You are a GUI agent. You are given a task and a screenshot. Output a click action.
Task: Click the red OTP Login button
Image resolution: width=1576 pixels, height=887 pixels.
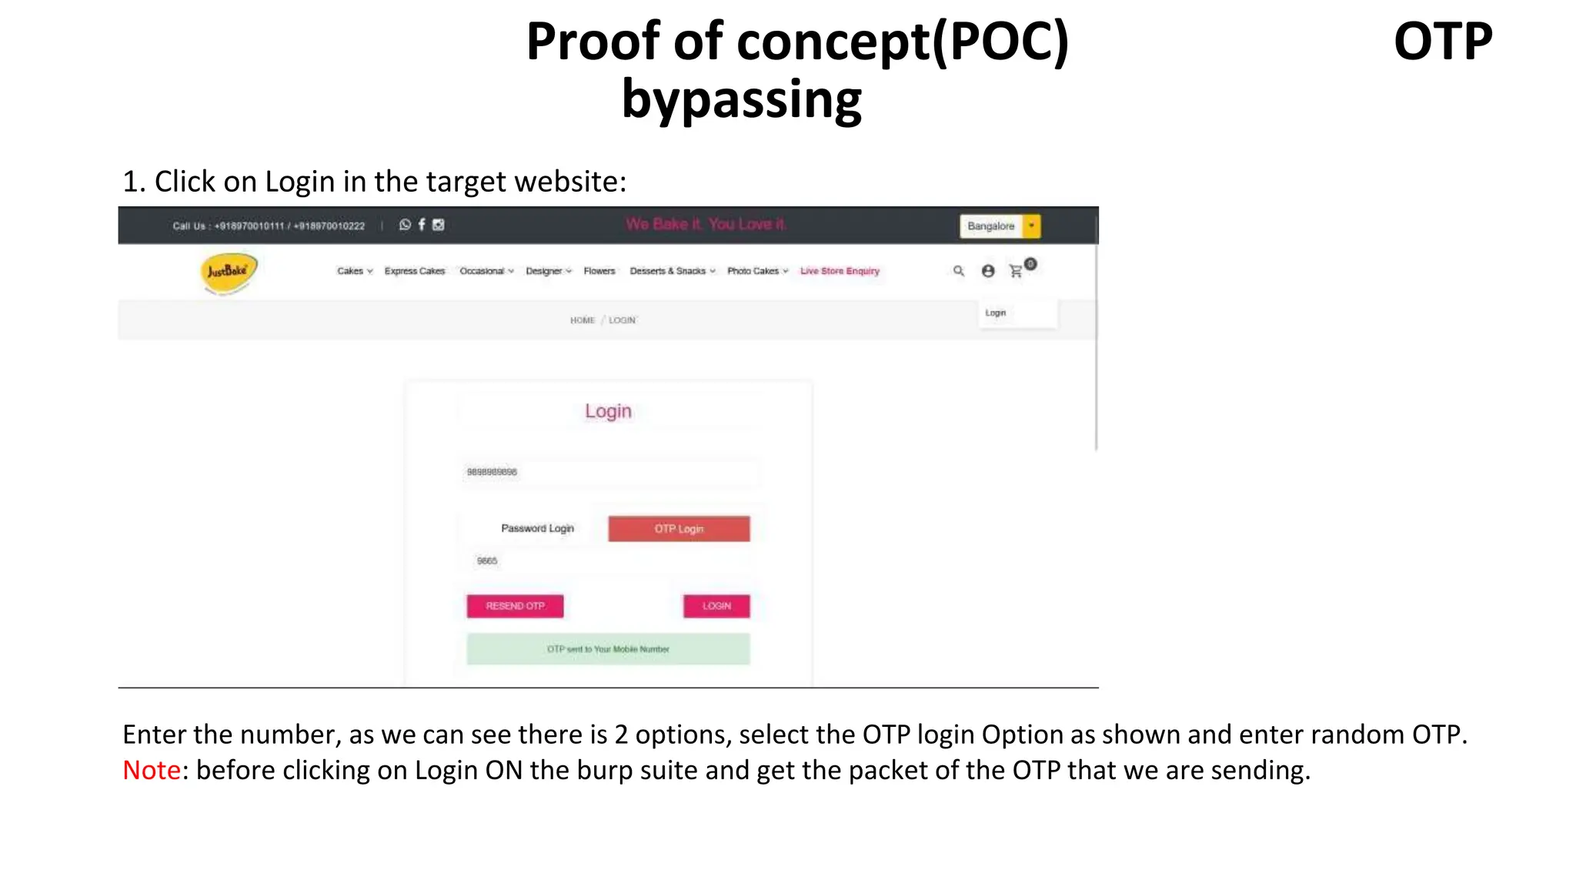tap(678, 529)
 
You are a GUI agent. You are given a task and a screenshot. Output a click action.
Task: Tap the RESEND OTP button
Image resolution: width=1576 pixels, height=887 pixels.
tap(515, 606)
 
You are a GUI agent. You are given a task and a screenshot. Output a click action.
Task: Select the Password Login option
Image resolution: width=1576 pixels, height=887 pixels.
tap(537, 528)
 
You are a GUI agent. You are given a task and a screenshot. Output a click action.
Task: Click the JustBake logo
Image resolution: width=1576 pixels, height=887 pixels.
tap(228, 272)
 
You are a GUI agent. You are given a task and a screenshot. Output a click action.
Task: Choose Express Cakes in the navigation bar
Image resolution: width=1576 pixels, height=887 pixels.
tap(414, 271)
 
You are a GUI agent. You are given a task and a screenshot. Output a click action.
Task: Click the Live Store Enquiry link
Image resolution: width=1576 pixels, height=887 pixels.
tap(840, 271)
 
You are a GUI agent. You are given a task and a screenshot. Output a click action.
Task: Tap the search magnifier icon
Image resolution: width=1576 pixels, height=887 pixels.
tap(958, 271)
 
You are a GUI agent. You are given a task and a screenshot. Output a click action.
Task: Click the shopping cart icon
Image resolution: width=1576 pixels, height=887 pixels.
tap(1017, 271)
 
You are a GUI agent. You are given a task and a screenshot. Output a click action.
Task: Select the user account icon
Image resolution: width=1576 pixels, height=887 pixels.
tap(988, 271)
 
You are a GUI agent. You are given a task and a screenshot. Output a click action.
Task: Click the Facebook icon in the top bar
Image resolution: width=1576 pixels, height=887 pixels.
tap(422, 225)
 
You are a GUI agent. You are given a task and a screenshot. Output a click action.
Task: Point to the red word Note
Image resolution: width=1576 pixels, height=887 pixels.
tap(152, 770)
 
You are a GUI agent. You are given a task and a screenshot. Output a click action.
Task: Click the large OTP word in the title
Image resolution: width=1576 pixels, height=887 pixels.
tap(1443, 42)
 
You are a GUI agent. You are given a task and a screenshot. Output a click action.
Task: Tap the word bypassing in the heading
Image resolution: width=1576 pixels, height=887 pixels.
tap(741, 100)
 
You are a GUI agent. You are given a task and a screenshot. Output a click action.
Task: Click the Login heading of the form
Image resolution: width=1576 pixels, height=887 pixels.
tap(608, 411)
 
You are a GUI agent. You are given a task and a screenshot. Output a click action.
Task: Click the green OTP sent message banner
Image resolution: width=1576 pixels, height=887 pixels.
tap(608, 649)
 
